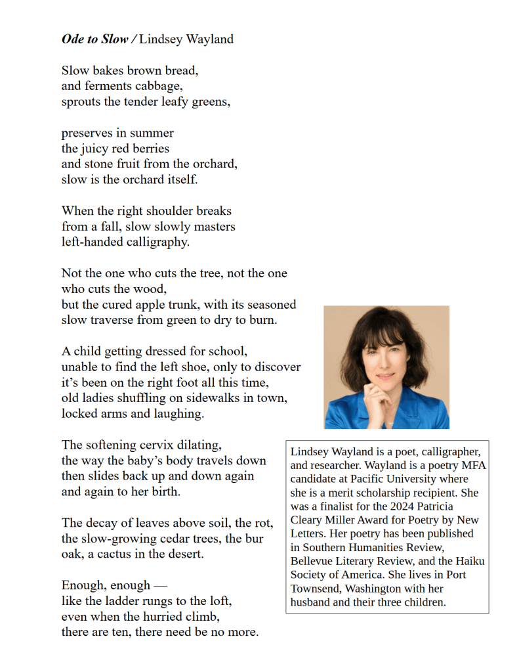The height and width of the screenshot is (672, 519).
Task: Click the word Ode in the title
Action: (73, 39)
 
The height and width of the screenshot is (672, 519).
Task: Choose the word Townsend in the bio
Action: (315, 588)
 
